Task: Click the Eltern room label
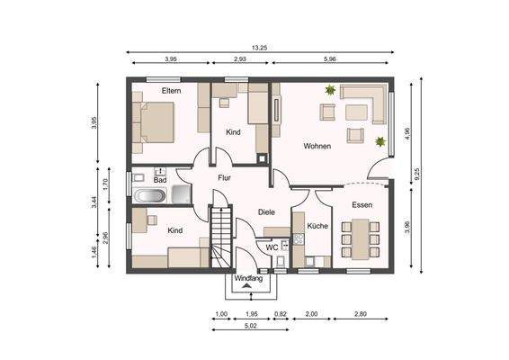[x=171, y=91]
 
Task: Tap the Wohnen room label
[x=317, y=146]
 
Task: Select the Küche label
[x=317, y=226]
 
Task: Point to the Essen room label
[x=362, y=204]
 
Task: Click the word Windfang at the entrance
[x=248, y=278]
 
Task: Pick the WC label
[x=272, y=247]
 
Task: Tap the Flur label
[x=224, y=177]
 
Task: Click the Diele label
[x=266, y=212]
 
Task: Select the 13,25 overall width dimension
[x=259, y=48]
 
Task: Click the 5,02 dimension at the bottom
[x=251, y=325]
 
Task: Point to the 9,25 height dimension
[x=417, y=174]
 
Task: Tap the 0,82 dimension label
[x=281, y=314]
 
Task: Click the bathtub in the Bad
[x=150, y=196]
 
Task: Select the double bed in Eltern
[x=153, y=122]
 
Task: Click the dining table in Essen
[x=361, y=239]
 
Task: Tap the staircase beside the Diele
[x=221, y=238]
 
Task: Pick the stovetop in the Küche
[x=299, y=239]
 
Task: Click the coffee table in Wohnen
[x=356, y=112]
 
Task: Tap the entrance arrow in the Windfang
[x=247, y=285]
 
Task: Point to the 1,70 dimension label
[x=104, y=185]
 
